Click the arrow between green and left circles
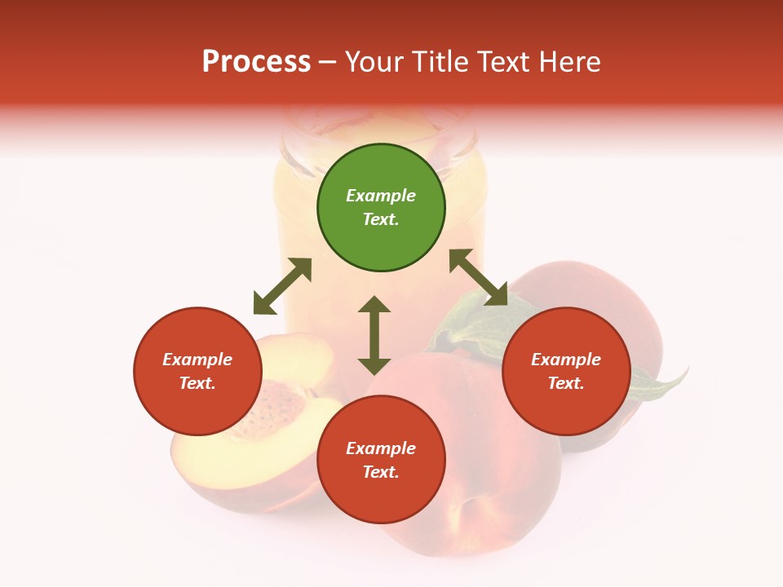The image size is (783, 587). click(x=282, y=286)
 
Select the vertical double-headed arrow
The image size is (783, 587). click(x=374, y=335)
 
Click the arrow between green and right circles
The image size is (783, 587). click(x=478, y=277)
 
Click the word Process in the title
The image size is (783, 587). click(x=256, y=62)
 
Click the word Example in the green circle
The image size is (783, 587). click(x=381, y=196)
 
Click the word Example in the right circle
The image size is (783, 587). click(x=566, y=360)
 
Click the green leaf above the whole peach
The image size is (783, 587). click(x=469, y=326)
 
